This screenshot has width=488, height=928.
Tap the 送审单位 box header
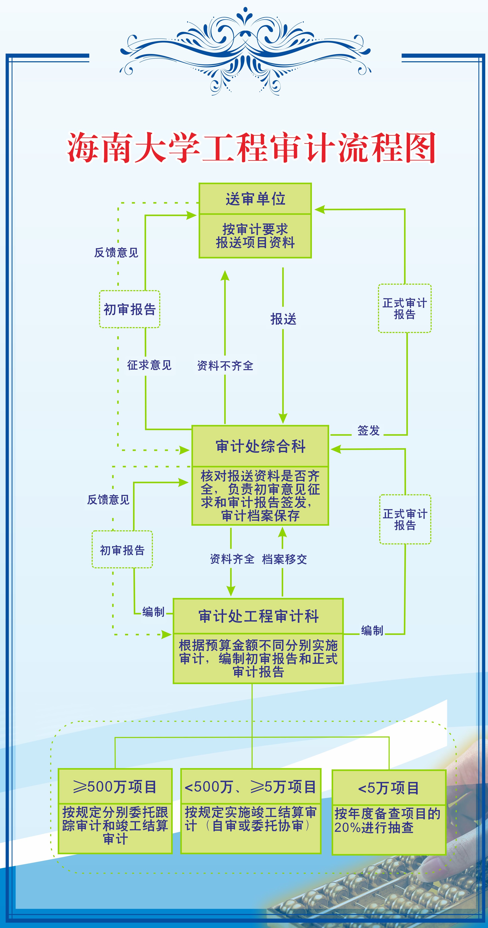[255, 199]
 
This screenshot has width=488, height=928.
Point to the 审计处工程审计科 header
[258, 616]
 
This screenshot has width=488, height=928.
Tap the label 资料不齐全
[225, 366]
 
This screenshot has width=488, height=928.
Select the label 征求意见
[149, 365]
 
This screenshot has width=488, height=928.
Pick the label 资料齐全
[232, 559]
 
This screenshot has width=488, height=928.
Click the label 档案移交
[284, 559]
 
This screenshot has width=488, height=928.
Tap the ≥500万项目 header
[115, 787]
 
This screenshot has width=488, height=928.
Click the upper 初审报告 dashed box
[130, 309]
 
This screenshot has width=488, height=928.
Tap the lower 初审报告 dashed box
[122, 550]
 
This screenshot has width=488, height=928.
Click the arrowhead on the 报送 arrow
[283, 418]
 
